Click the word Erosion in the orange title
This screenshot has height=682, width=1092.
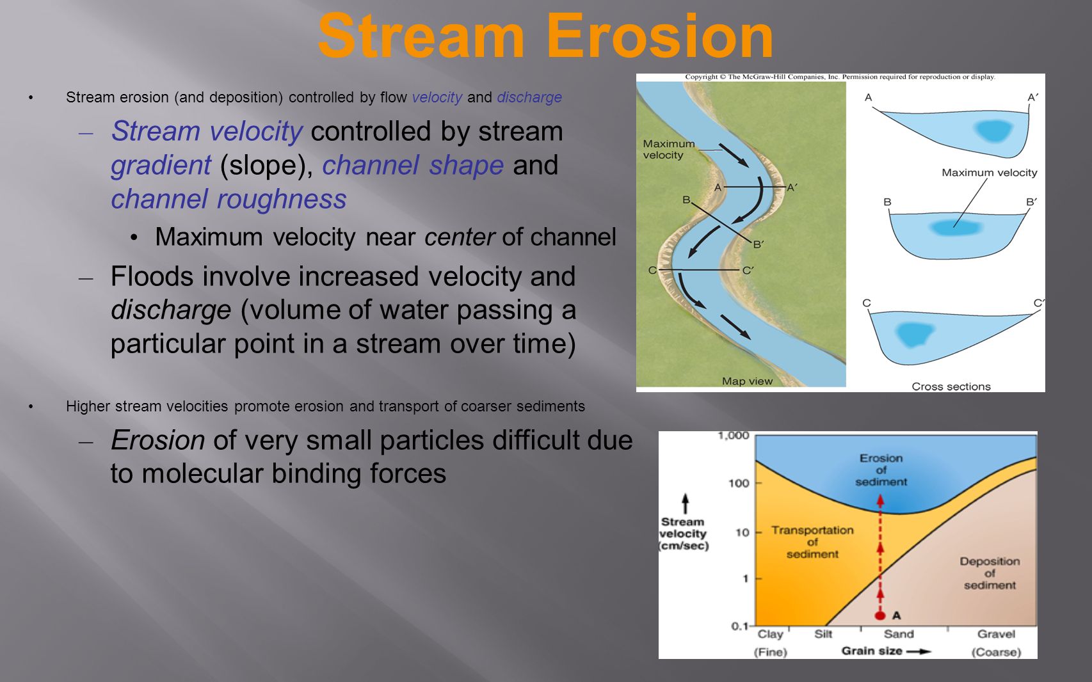(x=660, y=36)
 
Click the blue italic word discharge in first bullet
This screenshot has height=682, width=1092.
(x=529, y=97)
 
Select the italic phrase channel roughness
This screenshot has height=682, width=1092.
(x=229, y=199)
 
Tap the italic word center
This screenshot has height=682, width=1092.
(x=460, y=237)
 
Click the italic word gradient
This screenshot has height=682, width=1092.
(x=161, y=166)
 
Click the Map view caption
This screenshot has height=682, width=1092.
(x=748, y=381)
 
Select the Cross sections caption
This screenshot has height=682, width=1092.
(x=951, y=386)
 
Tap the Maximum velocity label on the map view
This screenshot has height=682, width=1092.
(x=668, y=149)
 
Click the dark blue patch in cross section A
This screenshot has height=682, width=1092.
(x=993, y=131)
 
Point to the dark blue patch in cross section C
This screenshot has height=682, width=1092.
(x=915, y=335)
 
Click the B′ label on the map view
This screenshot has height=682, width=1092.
(x=759, y=244)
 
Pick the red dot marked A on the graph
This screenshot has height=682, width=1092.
(x=880, y=615)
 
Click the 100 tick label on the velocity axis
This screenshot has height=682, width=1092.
(x=739, y=483)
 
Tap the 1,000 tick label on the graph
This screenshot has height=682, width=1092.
(x=733, y=436)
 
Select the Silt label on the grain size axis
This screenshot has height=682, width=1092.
(x=823, y=634)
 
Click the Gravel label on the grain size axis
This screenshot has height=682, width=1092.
(x=996, y=634)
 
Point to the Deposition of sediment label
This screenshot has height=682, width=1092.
(x=990, y=573)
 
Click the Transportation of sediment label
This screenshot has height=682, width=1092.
(x=812, y=542)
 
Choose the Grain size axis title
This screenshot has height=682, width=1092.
(x=872, y=651)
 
